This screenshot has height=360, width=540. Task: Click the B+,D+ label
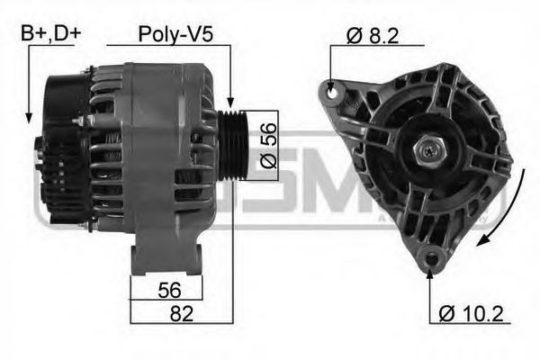51,34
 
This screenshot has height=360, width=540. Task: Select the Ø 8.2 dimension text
372,36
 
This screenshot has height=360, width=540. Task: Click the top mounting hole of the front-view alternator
331,91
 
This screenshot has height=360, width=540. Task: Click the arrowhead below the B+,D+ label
30,117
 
